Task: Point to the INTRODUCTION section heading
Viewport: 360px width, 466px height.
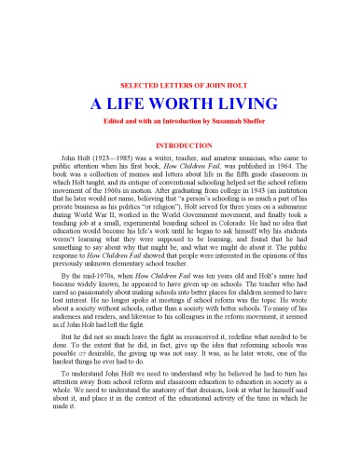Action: [180, 146]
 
